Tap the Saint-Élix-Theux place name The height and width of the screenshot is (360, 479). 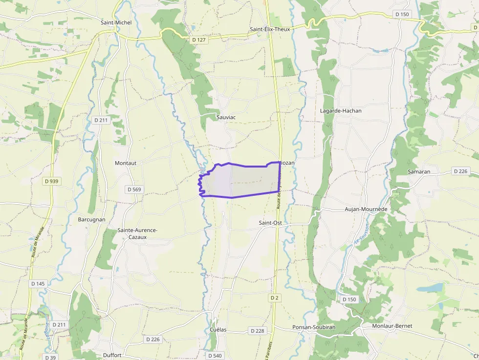point(270,29)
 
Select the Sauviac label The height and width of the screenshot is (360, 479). point(226,117)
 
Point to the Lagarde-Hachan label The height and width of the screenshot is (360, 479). point(341,111)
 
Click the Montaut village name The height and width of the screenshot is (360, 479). point(126,163)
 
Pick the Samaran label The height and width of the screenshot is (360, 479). point(419,172)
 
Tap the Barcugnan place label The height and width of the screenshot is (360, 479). point(91,220)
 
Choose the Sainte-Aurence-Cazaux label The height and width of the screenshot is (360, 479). point(137,233)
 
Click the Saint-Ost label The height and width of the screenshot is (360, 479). point(270,223)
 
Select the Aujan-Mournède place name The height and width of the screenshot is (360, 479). point(366,209)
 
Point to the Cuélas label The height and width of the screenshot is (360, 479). point(218,330)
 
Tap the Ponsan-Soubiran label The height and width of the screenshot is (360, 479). point(314,327)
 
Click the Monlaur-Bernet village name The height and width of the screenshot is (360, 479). point(392,326)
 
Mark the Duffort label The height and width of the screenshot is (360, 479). point(112,355)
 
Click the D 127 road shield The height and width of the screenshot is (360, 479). point(199,40)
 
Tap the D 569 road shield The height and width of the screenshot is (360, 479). point(134,190)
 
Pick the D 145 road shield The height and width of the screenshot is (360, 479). point(38,284)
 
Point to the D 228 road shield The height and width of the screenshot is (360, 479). point(257,331)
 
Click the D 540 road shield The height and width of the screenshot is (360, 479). point(215,356)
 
